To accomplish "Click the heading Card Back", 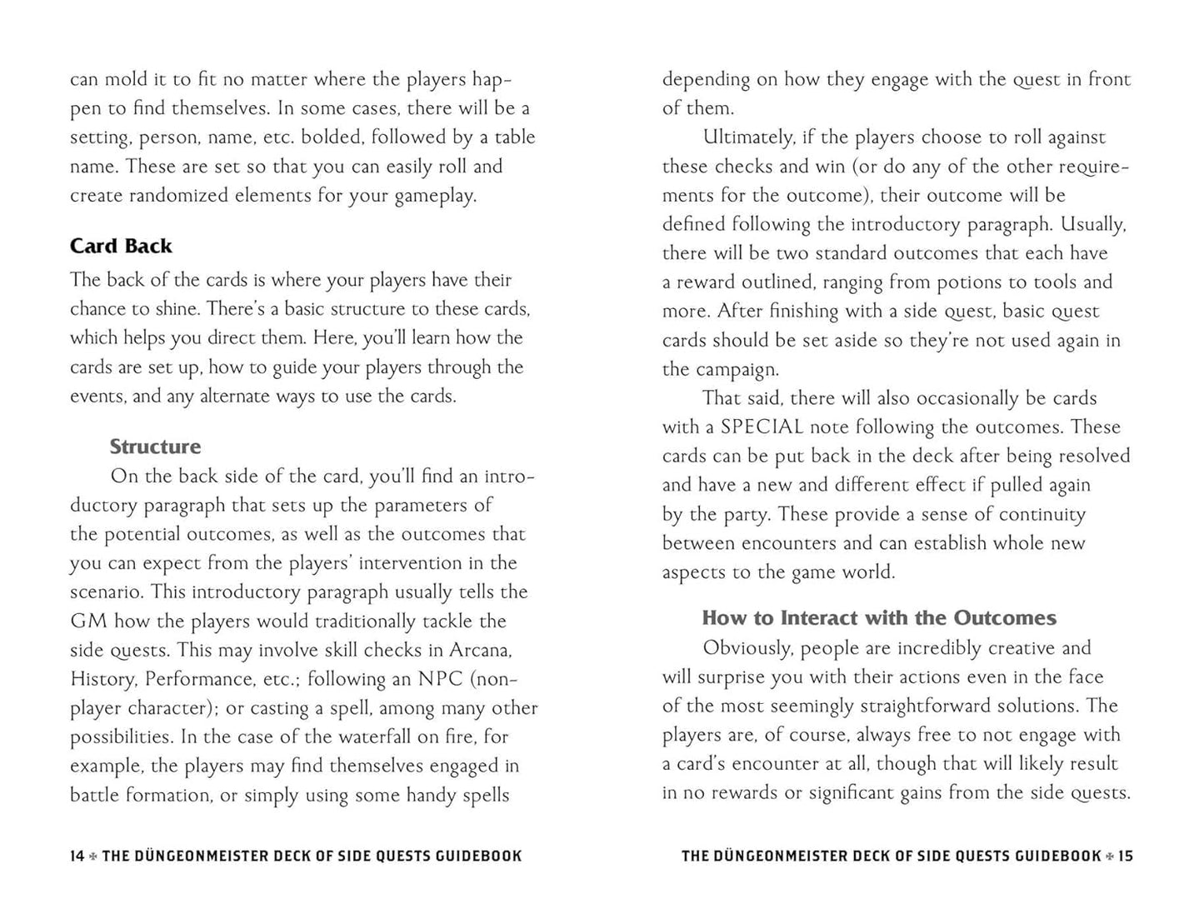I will point(121,246).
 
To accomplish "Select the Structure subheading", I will point(155,447).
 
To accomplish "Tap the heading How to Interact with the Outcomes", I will point(879,618).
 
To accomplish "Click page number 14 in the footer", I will point(77,856).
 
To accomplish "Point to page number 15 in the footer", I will point(1125,856).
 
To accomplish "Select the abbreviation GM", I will point(87,621).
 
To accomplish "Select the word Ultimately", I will point(749,137).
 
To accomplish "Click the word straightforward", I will point(941,706).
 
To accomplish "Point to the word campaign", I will point(736,369).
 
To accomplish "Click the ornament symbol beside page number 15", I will point(1109,856).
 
